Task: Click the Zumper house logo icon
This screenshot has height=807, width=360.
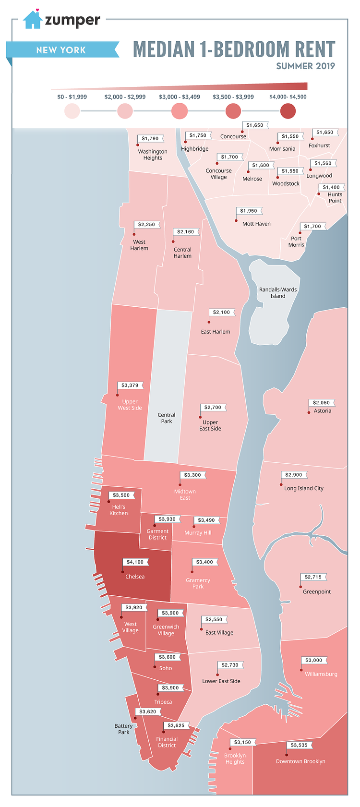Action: pos(33,20)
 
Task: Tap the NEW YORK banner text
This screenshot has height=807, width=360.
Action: pos(61,50)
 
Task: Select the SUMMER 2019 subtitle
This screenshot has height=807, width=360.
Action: pos(305,66)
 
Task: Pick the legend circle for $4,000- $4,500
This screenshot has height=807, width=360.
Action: pos(288,111)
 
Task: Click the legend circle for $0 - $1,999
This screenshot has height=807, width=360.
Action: pos(72,111)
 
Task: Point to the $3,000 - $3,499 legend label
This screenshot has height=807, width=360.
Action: pos(180,97)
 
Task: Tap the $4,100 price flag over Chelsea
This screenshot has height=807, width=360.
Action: pos(135,562)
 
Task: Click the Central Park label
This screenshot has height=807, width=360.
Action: pos(167,418)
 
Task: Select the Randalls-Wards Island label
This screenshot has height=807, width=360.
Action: pos(278,293)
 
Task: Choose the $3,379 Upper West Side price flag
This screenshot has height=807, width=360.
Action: pos(130,385)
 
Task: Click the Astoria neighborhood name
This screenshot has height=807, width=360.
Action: pos(323,411)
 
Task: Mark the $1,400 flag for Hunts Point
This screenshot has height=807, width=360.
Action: pos(331,188)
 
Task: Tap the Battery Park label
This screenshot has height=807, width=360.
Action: pos(124,729)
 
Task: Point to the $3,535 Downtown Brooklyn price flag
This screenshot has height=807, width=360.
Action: pos(300,746)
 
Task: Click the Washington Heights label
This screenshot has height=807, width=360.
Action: pos(153,155)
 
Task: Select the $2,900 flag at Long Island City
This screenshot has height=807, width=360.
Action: pos(294,475)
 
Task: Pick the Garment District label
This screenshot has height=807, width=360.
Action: pos(157,534)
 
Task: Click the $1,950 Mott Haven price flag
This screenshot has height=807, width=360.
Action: pos(249,211)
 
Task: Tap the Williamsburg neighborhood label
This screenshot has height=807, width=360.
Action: pos(321,674)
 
